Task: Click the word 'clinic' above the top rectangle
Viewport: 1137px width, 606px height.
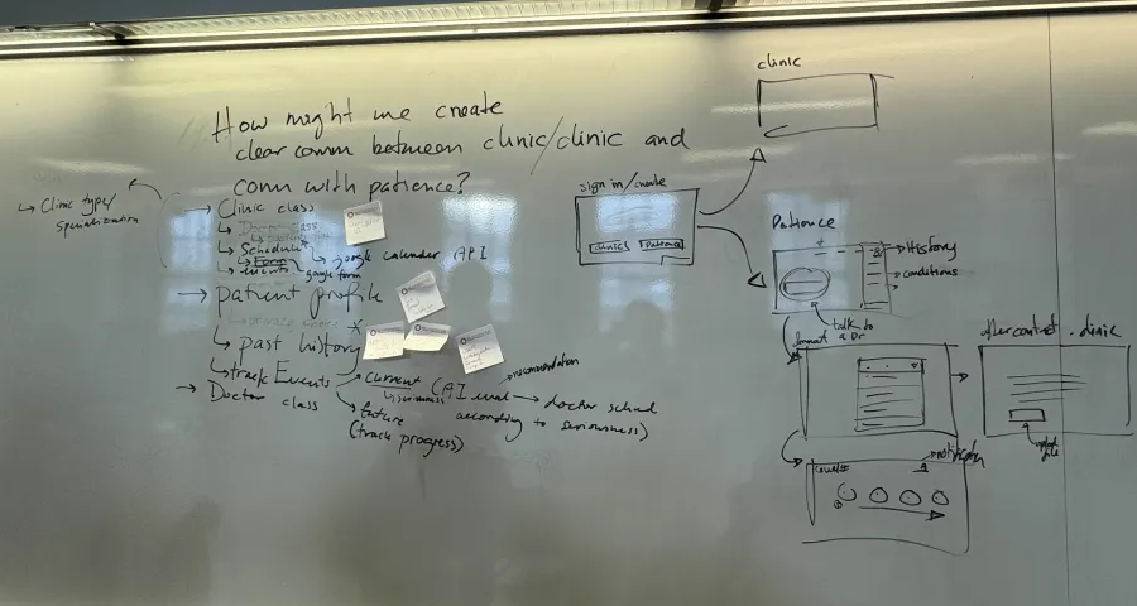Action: (x=779, y=62)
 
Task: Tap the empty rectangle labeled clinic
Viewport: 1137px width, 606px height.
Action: (x=817, y=104)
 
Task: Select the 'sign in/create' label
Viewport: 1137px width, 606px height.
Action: (x=622, y=185)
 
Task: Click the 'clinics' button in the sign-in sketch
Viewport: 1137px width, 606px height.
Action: (x=610, y=247)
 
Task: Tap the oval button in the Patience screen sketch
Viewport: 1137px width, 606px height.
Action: (x=805, y=283)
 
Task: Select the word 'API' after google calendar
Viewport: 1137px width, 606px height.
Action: (x=470, y=254)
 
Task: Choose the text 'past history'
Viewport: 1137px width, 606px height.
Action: (x=297, y=345)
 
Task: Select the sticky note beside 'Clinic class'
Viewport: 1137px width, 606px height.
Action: (x=364, y=222)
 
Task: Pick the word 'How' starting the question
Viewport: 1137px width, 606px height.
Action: (x=240, y=124)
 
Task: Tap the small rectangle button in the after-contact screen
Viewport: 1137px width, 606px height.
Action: (x=1026, y=415)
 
